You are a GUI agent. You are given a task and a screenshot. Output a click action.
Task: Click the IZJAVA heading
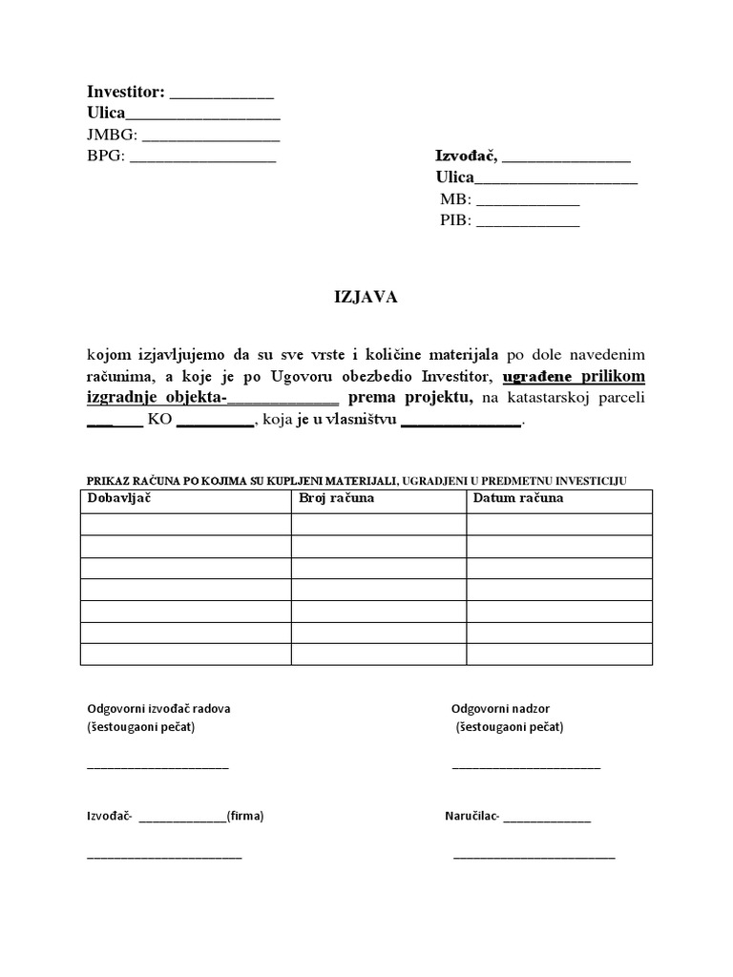(365, 298)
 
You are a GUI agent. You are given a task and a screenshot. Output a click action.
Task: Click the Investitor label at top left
(126, 93)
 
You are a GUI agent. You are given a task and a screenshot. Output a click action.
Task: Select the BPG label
(106, 156)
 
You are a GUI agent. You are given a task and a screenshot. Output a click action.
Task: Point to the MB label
(455, 199)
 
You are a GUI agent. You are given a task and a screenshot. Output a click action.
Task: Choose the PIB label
(455, 220)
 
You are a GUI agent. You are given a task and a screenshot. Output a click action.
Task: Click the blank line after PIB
(528, 222)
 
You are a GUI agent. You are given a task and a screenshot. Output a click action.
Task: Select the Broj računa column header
(336, 498)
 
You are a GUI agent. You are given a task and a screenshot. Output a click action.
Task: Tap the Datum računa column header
(518, 498)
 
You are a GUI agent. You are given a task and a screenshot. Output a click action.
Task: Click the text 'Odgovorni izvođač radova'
(158, 709)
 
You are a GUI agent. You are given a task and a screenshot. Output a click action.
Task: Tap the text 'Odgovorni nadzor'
(500, 709)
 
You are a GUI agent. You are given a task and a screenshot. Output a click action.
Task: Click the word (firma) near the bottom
(245, 817)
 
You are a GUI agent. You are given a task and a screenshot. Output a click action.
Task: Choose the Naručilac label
(471, 817)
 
